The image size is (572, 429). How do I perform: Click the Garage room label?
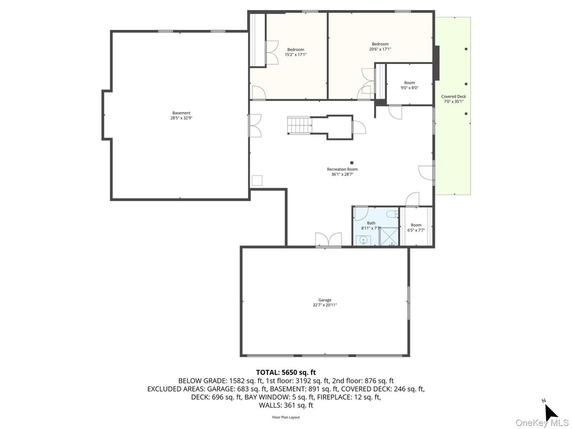click(324, 303)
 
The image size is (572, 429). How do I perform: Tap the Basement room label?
click(181, 115)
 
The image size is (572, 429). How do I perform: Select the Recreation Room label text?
click(342, 172)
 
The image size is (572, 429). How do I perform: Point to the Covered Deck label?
click(453, 99)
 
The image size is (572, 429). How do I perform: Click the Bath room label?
click(371, 225)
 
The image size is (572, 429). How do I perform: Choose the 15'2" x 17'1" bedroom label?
click(296, 52)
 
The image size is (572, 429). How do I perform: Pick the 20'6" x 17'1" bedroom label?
click(380, 46)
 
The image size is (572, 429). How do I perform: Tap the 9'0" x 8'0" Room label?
click(409, 85)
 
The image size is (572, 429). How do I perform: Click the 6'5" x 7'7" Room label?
click(416, 228)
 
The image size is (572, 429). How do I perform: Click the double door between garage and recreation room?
click(328, 240)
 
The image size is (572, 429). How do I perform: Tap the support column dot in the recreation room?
click(352, 163)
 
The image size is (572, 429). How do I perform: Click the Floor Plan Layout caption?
click(285, 417)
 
